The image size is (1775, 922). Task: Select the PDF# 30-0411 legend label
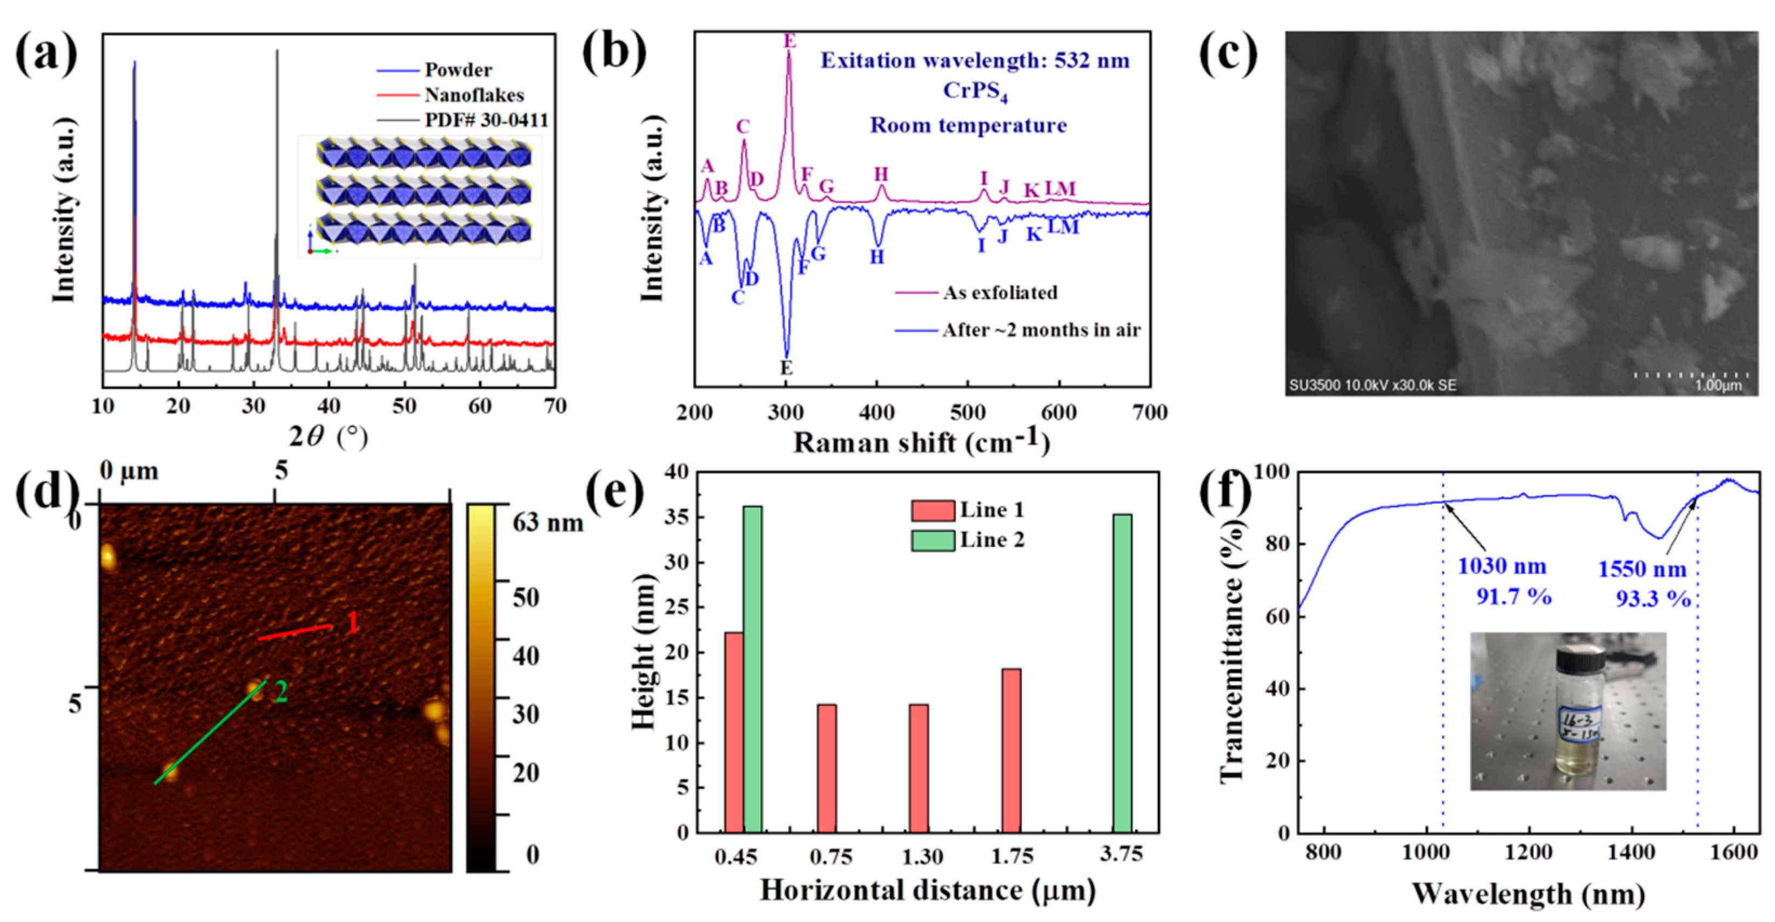[486, 120]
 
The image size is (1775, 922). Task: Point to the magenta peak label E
[789, 42]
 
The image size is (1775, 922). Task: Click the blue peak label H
[876, 258]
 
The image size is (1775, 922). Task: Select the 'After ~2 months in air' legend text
[1041, 330]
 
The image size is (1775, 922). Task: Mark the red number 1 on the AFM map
[352, 624]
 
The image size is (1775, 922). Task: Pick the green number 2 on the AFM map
[281, 692]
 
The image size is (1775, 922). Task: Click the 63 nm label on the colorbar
[548, 524]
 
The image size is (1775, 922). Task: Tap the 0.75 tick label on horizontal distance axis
[831, 857]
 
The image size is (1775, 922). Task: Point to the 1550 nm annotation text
[1642, 570]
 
